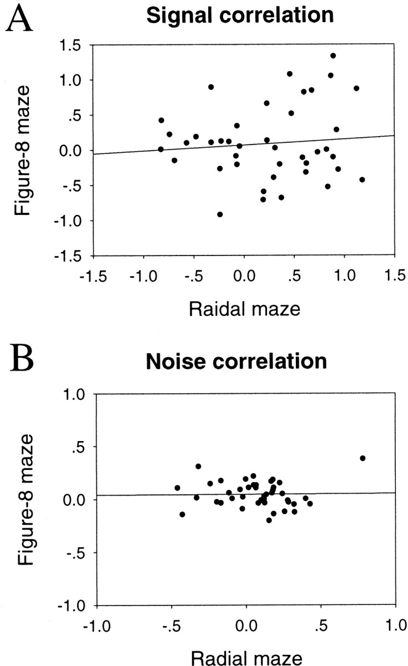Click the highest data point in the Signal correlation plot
333,56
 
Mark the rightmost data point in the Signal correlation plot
362,179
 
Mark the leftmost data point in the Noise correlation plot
177,488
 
